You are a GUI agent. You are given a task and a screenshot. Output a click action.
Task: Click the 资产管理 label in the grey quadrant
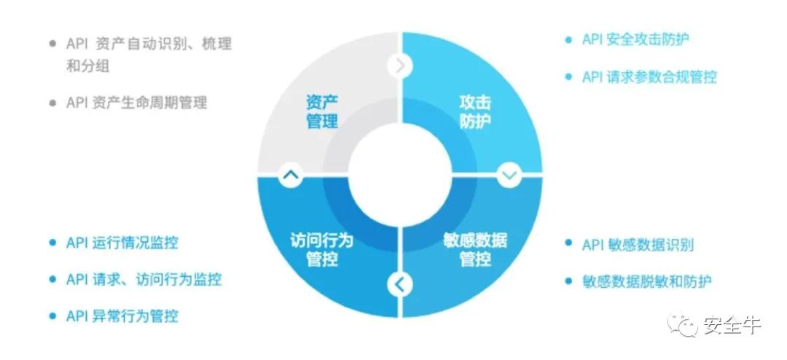322,112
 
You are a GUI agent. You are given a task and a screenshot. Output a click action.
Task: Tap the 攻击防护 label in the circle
475,112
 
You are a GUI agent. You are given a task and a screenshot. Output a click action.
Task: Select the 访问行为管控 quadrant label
322,249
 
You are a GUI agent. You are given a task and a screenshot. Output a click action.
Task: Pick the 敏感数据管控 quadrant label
475,249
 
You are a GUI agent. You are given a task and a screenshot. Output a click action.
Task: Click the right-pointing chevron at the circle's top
400,66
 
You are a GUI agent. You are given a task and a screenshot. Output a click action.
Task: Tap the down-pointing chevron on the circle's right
509,175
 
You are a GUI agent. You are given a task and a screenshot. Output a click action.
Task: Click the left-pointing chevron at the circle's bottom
399,284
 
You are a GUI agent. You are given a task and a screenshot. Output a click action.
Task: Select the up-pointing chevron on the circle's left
291,175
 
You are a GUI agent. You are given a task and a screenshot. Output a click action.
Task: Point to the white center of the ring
400,175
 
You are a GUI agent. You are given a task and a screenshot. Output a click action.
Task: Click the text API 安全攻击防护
635,39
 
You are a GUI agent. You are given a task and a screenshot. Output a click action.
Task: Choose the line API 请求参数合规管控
649,77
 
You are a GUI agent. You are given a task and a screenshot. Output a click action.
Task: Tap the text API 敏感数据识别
638,245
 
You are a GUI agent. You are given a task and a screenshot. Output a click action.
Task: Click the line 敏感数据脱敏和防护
647,281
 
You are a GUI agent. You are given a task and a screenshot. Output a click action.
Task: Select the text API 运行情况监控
122,243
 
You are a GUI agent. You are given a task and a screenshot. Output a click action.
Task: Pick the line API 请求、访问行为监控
144,280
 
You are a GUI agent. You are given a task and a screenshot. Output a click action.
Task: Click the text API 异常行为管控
122,316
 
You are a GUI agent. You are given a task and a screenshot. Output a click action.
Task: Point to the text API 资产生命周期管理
136,103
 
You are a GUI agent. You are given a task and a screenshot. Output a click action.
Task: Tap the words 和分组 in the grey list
87,66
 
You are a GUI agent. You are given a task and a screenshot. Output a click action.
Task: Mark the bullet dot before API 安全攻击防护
568,39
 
